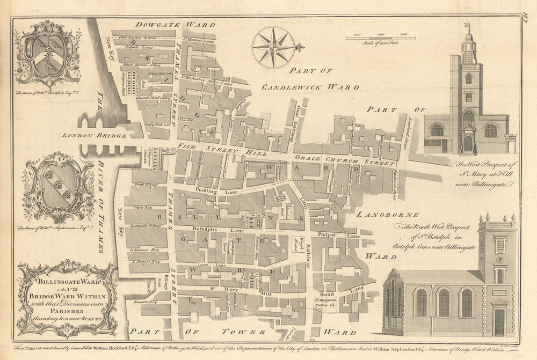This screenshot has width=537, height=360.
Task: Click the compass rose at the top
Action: (274, 48)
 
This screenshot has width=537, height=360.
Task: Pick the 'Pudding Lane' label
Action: (206, 190)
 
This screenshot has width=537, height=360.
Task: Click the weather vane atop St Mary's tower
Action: (468, 25)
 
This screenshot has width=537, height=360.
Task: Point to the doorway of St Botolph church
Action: (499, 322)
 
